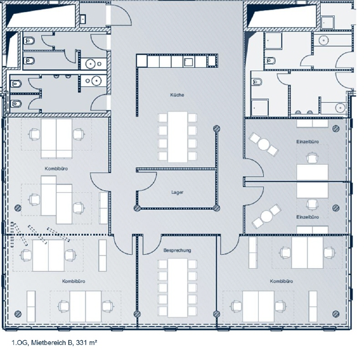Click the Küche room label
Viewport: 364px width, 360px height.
tap(177, 95)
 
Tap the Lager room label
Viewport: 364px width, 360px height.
tap(177, 193)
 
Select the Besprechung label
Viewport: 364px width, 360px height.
tap(177, 250)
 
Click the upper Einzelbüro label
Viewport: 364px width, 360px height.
tap(308, 142)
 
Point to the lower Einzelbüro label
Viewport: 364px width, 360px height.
tap(308, 217)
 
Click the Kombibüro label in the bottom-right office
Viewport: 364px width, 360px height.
tap(281, 281)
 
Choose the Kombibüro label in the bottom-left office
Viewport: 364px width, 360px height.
tap(74, 281)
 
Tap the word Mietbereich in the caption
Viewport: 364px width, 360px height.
tap(49, 343)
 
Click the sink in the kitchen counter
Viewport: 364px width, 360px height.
tap(188, 62)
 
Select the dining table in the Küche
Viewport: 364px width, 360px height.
tap(177, 137)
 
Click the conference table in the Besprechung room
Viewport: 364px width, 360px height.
tap(177, 288)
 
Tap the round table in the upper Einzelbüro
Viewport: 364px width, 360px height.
tap(263, 144)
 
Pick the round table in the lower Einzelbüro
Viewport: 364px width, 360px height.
tap(267, 216)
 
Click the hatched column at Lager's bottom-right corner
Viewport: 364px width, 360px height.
tap(217, 208)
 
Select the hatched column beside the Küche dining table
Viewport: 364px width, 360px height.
tap(217, 128)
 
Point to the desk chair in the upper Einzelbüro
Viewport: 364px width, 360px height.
tap(312, 158)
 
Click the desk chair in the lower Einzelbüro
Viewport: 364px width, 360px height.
tap(312, 204)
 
